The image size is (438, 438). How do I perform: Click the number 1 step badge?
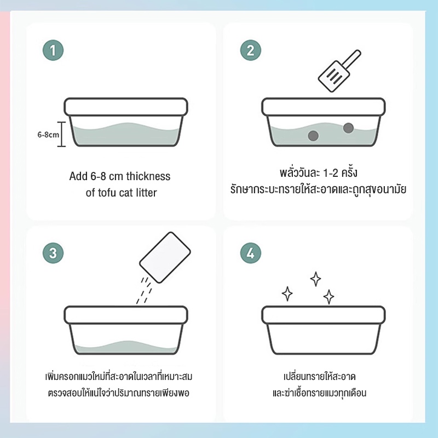53,50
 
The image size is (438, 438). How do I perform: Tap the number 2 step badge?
251,50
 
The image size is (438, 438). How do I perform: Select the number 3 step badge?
53,253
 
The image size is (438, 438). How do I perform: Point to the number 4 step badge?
251,253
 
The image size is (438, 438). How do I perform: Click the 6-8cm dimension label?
48,135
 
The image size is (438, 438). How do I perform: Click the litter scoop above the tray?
339,71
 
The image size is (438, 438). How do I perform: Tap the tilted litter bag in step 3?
165,257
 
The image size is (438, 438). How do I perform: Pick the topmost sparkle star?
316,279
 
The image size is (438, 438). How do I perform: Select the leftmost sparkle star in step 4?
287,293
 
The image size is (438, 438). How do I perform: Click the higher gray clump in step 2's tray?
348,128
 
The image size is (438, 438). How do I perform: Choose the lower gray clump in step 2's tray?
313,136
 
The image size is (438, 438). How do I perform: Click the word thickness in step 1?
148,176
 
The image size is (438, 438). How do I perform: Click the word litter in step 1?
146,193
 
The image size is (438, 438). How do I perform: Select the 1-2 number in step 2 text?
330,173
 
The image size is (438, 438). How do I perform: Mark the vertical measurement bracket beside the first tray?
61,134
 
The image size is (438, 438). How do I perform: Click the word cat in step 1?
126,193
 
